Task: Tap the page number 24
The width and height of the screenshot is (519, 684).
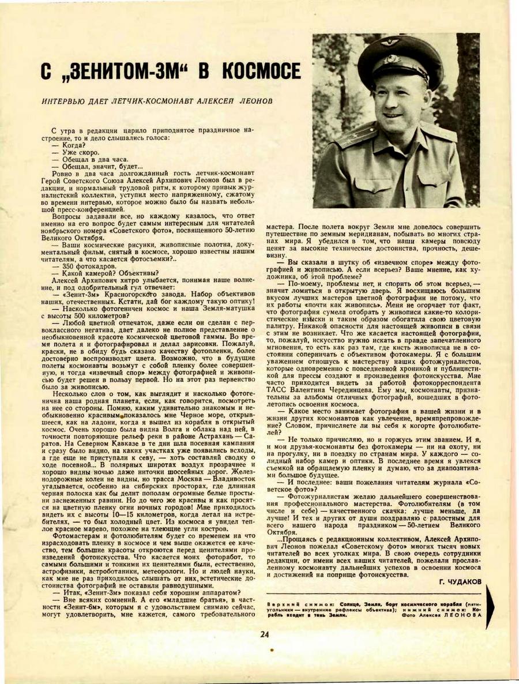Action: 265,634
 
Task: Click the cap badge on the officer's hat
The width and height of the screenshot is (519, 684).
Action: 392,58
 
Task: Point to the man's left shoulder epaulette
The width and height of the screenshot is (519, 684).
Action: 438,134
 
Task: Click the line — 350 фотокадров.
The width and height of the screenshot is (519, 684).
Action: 83,266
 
